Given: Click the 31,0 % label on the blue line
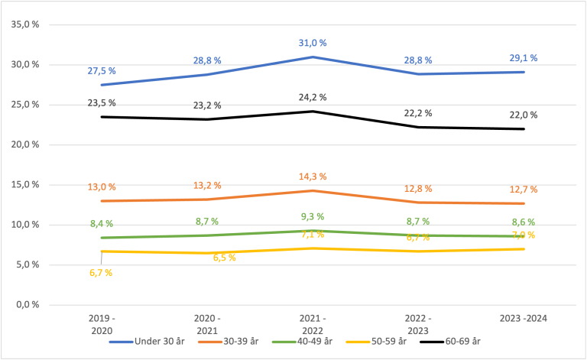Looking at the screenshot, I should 313,43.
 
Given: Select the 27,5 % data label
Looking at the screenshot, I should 102,70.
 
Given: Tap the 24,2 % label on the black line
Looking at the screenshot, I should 313,97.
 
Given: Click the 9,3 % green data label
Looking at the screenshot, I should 313,216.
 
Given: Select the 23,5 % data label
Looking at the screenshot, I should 102,103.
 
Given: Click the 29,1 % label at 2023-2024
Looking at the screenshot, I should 523,58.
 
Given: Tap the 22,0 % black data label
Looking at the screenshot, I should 523,115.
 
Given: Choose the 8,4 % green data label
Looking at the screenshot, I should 102,224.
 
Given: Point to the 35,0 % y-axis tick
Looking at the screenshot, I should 25,24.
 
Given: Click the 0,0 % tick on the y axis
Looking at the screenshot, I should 28,305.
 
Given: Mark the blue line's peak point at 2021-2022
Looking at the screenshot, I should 313,57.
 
